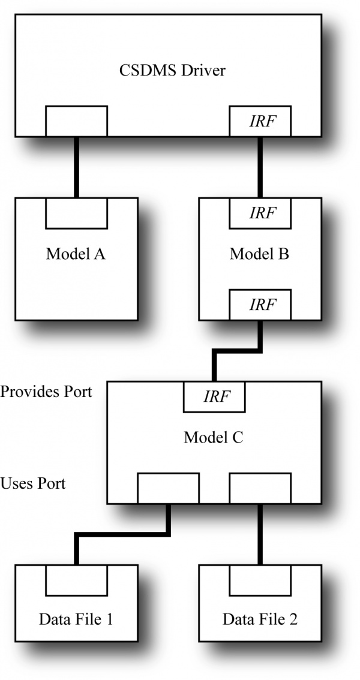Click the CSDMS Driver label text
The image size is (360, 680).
173,70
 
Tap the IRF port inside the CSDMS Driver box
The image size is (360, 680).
260,121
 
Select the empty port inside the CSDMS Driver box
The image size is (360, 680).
76,121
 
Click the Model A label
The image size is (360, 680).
76,254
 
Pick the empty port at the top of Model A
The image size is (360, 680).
76,213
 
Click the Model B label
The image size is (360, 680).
259,254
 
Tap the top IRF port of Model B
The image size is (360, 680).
260,213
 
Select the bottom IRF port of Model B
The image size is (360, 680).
260,305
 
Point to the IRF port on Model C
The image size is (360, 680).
214,397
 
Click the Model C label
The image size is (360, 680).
214,437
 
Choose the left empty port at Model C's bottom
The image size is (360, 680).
168,488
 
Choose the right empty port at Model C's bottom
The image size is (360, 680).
260,488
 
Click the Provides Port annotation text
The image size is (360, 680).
46,392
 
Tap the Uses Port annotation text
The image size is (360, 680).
33,483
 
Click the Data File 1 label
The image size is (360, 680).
76,619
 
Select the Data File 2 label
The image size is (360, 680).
260,619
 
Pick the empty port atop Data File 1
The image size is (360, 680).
76,580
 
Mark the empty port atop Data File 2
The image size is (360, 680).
260,580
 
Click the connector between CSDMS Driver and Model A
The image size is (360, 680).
76,167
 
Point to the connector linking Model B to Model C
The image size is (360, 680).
237,351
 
